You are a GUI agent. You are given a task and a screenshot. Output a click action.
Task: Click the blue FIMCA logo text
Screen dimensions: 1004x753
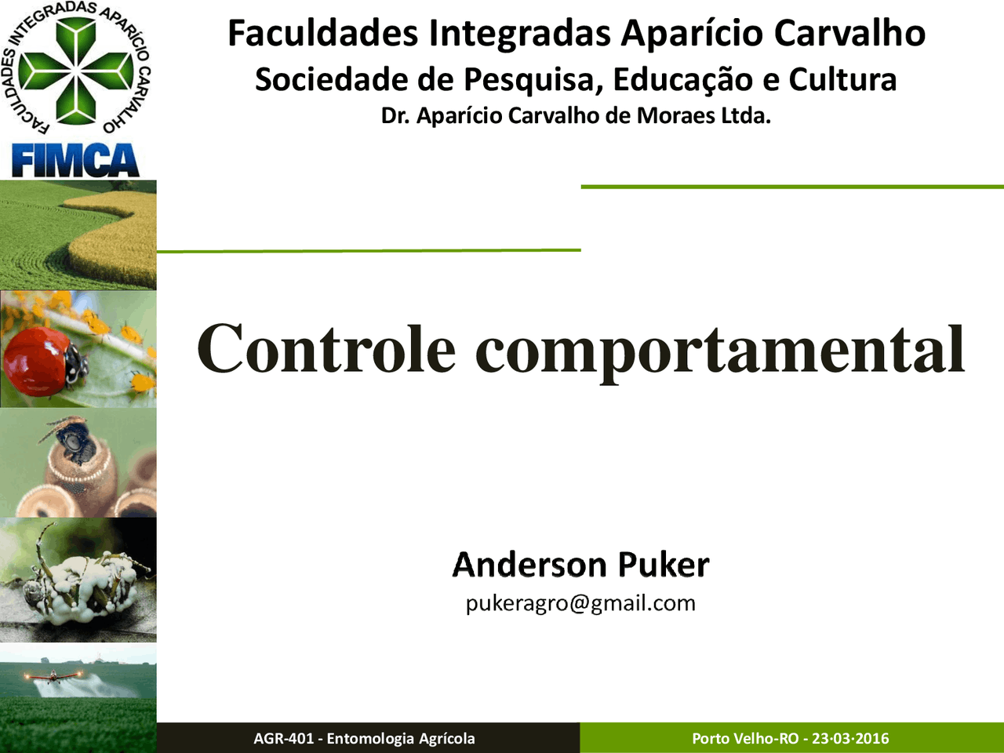[x=75, y=160]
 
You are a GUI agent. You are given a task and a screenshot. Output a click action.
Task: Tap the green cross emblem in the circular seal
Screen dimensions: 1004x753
[x=76, y=71]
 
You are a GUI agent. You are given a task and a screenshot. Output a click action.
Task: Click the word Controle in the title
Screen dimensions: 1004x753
[x=326, y=348]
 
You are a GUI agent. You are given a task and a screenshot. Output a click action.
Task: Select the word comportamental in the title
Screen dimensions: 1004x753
[x=720, y=353]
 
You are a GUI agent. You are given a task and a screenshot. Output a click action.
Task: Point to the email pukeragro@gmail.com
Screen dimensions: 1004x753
[x=580, y=603]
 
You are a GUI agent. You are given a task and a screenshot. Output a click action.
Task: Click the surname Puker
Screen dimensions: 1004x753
[x=664, y=565]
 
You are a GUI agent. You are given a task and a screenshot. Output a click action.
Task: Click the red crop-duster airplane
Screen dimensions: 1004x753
[x=53, y=675]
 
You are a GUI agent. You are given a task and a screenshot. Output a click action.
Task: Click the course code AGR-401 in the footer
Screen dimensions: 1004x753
[x=284, y=738]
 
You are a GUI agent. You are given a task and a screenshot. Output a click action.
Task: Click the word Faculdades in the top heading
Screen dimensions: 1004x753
[x=323, y=33]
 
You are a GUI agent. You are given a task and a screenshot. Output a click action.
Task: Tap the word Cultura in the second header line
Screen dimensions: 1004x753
[x=842, y=79]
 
